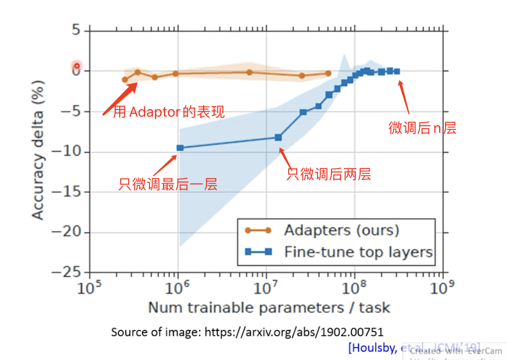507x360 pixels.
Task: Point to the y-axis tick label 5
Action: pos(76,31)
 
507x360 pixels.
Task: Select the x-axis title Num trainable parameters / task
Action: pos(269,307)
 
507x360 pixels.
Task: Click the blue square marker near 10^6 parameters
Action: pos(180,148)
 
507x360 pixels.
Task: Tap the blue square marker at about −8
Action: pos(278,137)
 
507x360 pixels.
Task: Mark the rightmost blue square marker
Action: pos(397,71)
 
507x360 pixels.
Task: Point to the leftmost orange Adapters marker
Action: pos(125,79)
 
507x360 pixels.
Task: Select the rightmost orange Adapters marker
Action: pos(328,73)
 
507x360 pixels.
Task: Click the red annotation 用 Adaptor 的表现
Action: pos(168,112)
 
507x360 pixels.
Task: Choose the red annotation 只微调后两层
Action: pos(329,174)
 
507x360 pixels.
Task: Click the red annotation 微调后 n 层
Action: pos(422,128)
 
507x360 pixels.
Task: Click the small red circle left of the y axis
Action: pos(76,66)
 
